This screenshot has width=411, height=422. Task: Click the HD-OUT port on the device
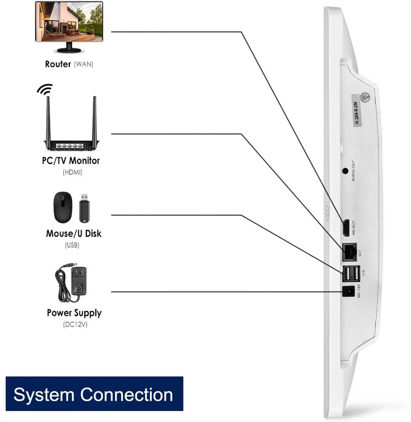(346, 228)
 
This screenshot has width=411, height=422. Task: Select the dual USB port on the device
(351, 273)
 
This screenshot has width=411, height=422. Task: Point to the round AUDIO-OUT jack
(345, 171)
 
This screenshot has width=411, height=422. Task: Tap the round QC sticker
(365, 97)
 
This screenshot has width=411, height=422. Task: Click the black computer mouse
(63, 207)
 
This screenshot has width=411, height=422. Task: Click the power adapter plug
(79, 280)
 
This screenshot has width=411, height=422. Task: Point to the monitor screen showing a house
(69, 21)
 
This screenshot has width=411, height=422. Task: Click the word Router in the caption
(58, 64)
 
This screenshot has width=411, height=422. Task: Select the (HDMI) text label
(72, 172)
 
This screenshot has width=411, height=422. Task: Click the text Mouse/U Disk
(74, 234)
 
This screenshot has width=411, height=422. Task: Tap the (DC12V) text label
(75, 324)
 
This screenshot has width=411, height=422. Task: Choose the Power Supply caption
(74, 313)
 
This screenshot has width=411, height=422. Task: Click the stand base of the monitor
(69, 50)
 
